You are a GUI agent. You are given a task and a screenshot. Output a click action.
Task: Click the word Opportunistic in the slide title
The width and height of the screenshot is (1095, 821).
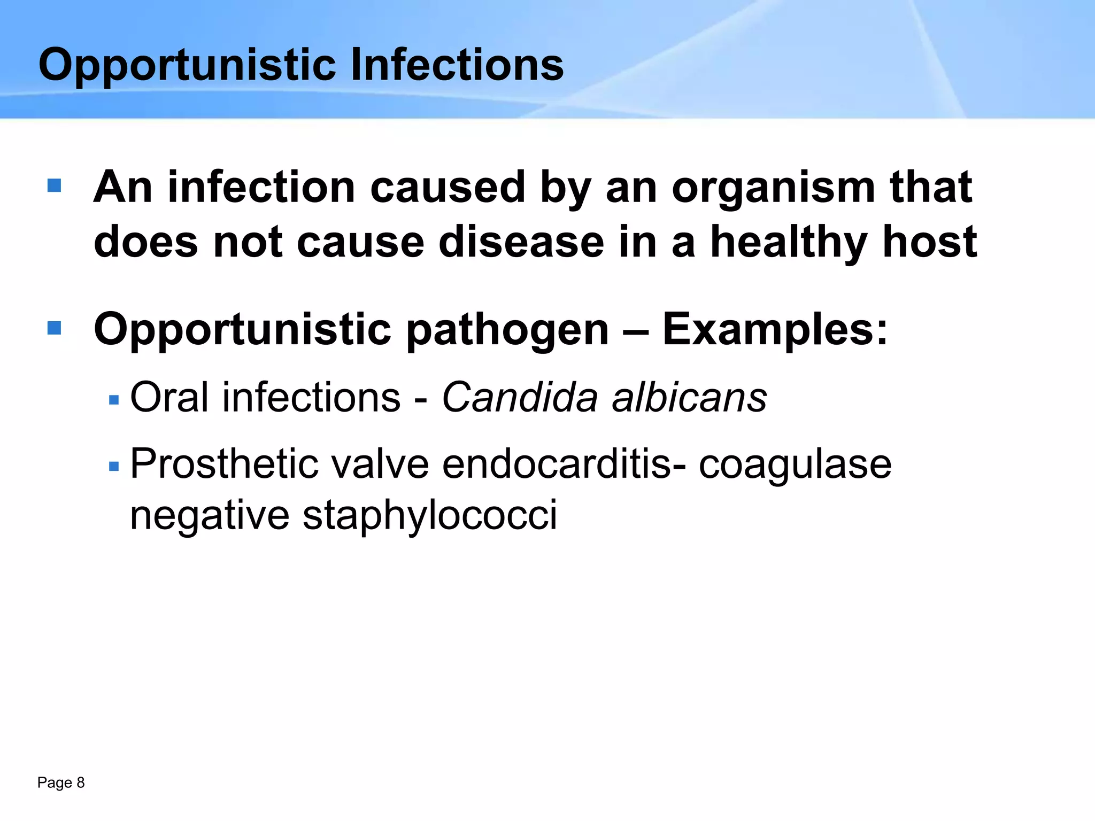(x=187, y=65)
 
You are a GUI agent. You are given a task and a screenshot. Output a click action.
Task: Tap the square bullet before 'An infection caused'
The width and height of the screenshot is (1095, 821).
(x=54, y=185)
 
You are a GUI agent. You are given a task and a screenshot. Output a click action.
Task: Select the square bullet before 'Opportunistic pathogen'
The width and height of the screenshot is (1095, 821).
(x=54, y=328)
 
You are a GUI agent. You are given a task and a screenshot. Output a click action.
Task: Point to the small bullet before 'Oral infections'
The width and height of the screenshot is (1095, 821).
(x=113, y=400)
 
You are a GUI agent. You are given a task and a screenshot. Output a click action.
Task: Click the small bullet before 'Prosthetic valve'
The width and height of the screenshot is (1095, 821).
(x=113, y=467)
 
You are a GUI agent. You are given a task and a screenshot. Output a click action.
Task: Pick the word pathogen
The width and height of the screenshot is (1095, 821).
(x=507, y=330)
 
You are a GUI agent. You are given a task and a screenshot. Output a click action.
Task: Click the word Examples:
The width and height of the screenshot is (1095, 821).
(x=775, y=330)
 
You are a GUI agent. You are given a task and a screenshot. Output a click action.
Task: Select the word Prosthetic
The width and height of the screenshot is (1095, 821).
(x=224, y=464)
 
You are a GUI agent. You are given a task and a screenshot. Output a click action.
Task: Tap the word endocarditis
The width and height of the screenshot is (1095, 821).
(x=557, y=464)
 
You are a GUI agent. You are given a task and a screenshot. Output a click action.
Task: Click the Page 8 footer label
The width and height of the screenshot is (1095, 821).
(x=61, y=783)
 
